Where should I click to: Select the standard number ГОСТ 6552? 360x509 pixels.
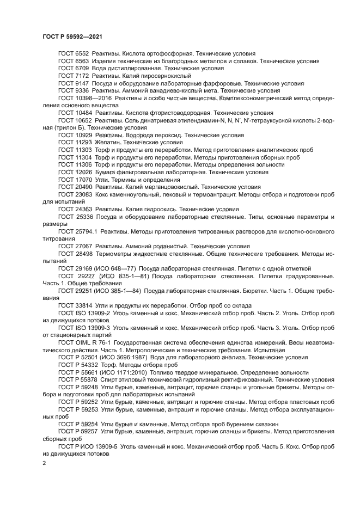click(74, 53)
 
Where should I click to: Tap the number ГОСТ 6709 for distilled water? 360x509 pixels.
click(74, 69)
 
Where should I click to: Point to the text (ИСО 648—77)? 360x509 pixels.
click(116, 268)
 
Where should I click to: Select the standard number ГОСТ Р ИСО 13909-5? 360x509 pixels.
click(84, 446)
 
